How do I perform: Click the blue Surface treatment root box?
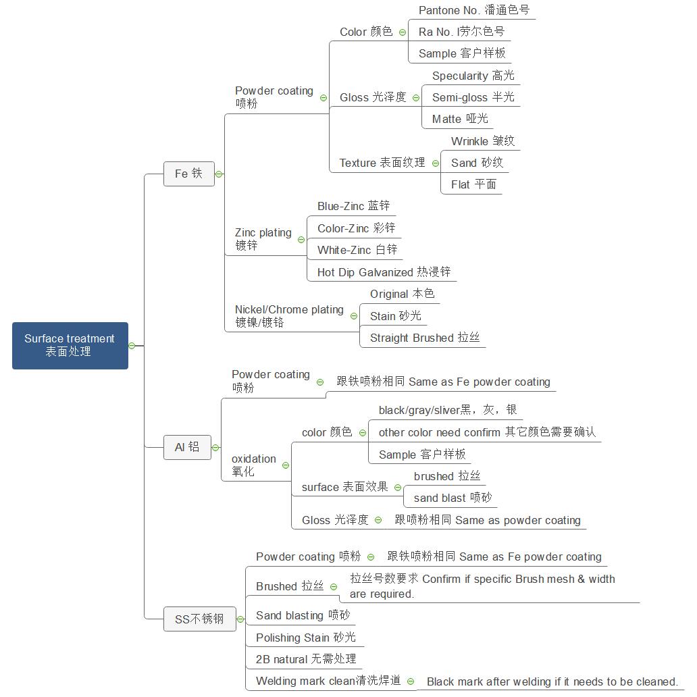tap(70, 345)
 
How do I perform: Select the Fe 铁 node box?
tap(188, 174)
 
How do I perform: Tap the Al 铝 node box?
tap(187, 447)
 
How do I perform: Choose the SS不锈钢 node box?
tap(199, 619)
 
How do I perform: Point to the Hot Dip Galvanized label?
tap(384, 272)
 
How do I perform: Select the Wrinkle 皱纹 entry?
tap(482, 141)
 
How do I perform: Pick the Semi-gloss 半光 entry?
tap(473, 97)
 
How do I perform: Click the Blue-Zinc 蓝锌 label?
tap(353, 206)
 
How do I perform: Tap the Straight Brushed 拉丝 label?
tap(424, 338)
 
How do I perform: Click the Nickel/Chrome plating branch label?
tap(289, 316)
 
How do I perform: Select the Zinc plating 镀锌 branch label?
tap(263, 239)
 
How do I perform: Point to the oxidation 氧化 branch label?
tap(253, 465)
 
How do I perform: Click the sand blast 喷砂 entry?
tap(453, 498)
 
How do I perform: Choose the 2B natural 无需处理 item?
tap(305, 659)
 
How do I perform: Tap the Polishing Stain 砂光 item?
tap(305, 638)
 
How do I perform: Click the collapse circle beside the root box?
tap(132, 346)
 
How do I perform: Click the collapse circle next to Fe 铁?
tap(219, 174)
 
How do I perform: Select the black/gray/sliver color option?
tap(447, 410)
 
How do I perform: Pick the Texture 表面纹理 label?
tap(382, 163)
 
